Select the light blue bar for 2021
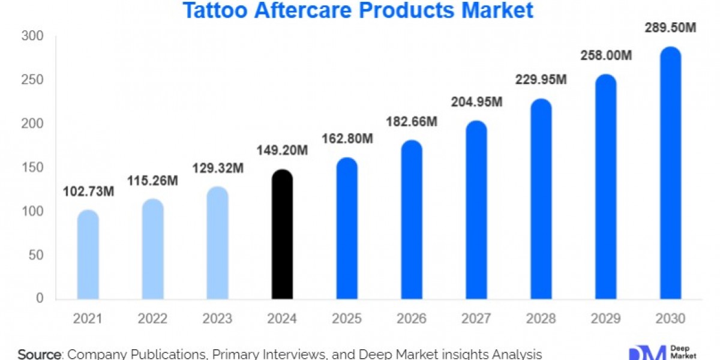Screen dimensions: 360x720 [x=88, y=255]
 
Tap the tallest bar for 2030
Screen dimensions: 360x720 [x=670, y=174]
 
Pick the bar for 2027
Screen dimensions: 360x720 [x=476, y=210]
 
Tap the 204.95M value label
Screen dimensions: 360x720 [x=476, y=103]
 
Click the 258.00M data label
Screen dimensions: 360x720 [x=606, y=56]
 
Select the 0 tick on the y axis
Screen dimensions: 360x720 [x=40, y=298]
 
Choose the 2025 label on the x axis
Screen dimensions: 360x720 [x=347, y=319]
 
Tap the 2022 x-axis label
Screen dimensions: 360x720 [x=153, y=319]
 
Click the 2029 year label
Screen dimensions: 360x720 [x=606, y=319]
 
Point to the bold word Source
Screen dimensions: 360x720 [x=40, y=354]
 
